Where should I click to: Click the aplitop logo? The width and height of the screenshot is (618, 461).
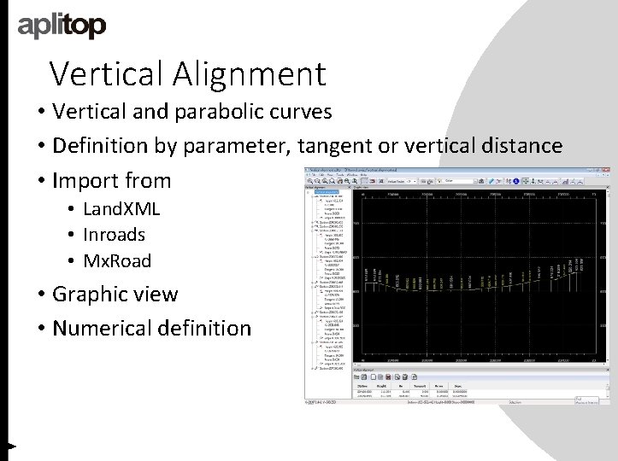click(62, 26)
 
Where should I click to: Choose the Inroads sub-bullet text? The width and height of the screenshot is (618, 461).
click(115, 235)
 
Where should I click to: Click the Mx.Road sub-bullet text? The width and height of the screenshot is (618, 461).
click(117, 260)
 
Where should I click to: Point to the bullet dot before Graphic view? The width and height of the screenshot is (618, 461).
click(42, 295)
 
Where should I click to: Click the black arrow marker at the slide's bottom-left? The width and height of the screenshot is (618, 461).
click(10, 446)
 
